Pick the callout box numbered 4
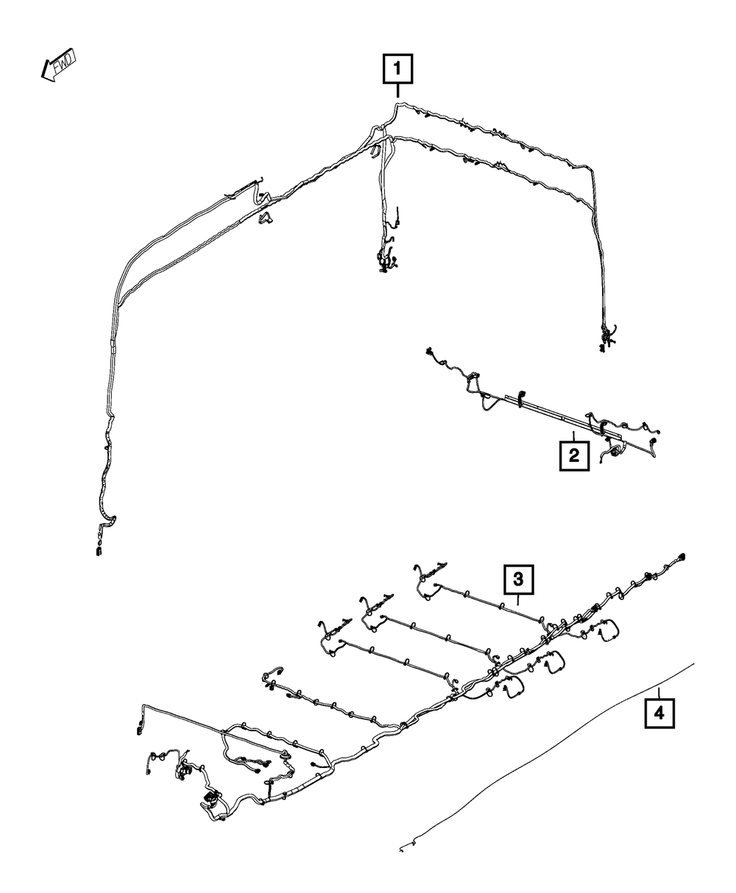659,712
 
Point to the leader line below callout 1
397,91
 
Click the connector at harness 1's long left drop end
98,549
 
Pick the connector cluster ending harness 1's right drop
606,338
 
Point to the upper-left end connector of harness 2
428,354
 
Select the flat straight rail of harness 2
545,412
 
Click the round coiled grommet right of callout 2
608,456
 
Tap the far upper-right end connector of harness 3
682,556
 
